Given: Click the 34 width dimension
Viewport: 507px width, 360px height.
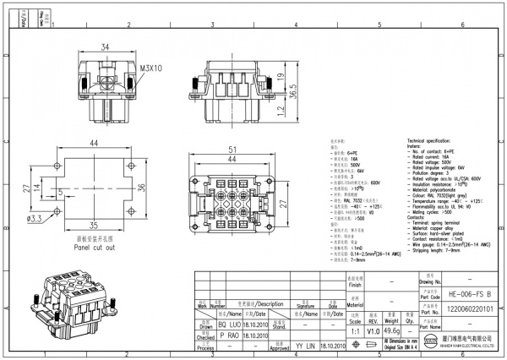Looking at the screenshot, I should [x=104, y=47].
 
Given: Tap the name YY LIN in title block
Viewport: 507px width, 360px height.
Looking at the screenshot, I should [x=305, y=346].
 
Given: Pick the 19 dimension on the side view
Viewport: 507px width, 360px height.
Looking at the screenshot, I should [x=279, y=79].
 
